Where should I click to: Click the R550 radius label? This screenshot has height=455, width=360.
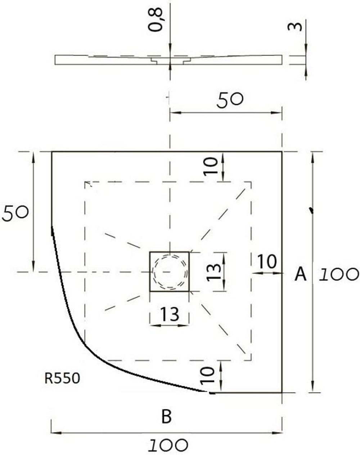click(62, 378)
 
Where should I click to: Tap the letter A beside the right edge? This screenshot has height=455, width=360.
click(301, 275)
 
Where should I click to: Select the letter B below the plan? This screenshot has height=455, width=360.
click(166, 416)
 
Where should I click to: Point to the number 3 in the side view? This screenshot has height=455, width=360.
click(295, 27)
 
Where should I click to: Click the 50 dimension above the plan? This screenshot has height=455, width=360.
click(230, 100)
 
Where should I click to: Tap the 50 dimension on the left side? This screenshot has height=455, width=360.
click(15, 212)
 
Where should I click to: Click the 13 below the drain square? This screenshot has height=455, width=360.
click(169, 314)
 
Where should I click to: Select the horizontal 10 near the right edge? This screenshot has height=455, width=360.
click(267, 262)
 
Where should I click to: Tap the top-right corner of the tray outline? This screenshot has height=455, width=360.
click(282, 152)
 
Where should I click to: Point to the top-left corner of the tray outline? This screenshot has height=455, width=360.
click(52, 152)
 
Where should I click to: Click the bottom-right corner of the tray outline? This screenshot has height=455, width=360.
click(282, 392)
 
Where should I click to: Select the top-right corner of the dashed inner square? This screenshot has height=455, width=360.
click(251, 182)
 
